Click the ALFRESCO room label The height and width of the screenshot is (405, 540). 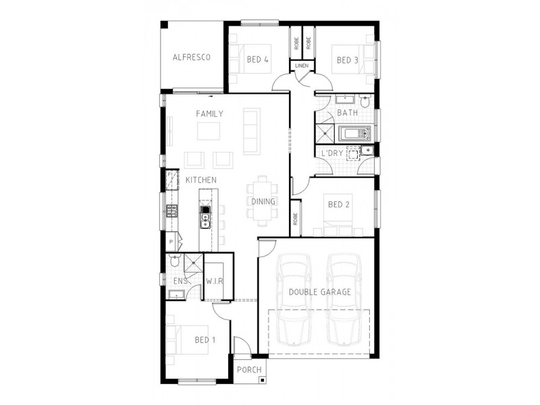[x=191, y=57]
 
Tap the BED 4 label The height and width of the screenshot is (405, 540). [x=258, y=60]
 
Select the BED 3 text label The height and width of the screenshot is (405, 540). [x=347, y=60]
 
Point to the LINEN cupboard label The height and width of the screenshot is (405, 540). [x=302, y=65]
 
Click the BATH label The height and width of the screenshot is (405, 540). [x=348, y=113]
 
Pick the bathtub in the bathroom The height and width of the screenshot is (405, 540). [x=355, y=133]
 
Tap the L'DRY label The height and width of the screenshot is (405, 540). [x=332, y=153]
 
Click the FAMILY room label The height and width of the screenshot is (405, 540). [x=209, y=114]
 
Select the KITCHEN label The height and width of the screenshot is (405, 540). [x=200, y=180]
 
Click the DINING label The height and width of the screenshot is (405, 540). [x=263, y=201]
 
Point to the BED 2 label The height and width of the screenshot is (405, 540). [x=338, y=205]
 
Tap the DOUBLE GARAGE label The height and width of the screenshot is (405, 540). [x=319, y=292]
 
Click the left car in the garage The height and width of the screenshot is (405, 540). [x=292, y=297]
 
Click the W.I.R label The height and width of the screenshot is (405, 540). [x=214, y=281]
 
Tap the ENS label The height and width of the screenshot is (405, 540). [x=180, y=281]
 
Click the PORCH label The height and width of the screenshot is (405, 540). [x=248, y=370]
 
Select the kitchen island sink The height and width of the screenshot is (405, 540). [x=205, y=217]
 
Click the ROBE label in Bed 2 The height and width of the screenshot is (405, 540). [x=296, y=219]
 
